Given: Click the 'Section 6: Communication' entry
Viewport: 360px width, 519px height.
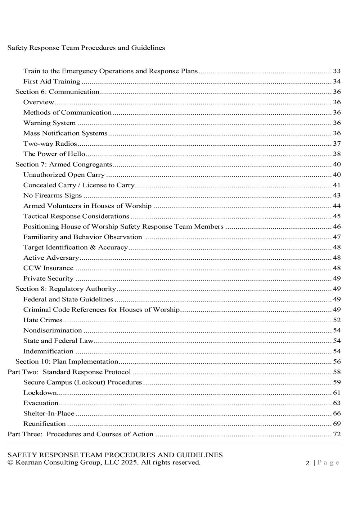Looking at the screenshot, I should coord(57,92).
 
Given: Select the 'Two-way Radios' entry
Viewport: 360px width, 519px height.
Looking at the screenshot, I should coord(50,144).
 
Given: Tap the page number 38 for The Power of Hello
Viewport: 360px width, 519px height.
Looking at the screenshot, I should coord(337,154).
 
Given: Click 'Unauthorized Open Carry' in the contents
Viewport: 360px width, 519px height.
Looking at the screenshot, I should coord(64,175).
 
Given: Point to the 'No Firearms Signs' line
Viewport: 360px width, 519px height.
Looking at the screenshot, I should coord(53,196).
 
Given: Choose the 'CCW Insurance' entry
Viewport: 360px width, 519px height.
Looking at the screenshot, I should coord(48,268).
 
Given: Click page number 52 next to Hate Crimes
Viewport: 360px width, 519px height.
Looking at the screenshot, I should coord(337,320).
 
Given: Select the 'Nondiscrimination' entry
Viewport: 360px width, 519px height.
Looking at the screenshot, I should coord(53,330).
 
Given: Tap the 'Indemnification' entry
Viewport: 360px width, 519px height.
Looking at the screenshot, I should coord(48,351).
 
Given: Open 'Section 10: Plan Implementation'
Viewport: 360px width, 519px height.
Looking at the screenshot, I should coord(67,361).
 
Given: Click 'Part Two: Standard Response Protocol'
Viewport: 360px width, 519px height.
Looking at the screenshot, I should coord(69,372).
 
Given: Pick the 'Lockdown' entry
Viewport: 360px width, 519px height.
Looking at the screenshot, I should coord(40,393).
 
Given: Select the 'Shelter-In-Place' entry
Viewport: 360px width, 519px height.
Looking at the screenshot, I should coord(49,414).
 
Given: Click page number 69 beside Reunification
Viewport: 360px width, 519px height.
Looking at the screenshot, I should coord(337,424).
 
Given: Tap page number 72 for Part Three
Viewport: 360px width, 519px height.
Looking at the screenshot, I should coord(337,434).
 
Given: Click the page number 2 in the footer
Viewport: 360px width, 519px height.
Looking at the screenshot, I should coord(307,463).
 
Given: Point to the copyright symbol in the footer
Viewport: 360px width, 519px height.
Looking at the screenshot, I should coord(10,463).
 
